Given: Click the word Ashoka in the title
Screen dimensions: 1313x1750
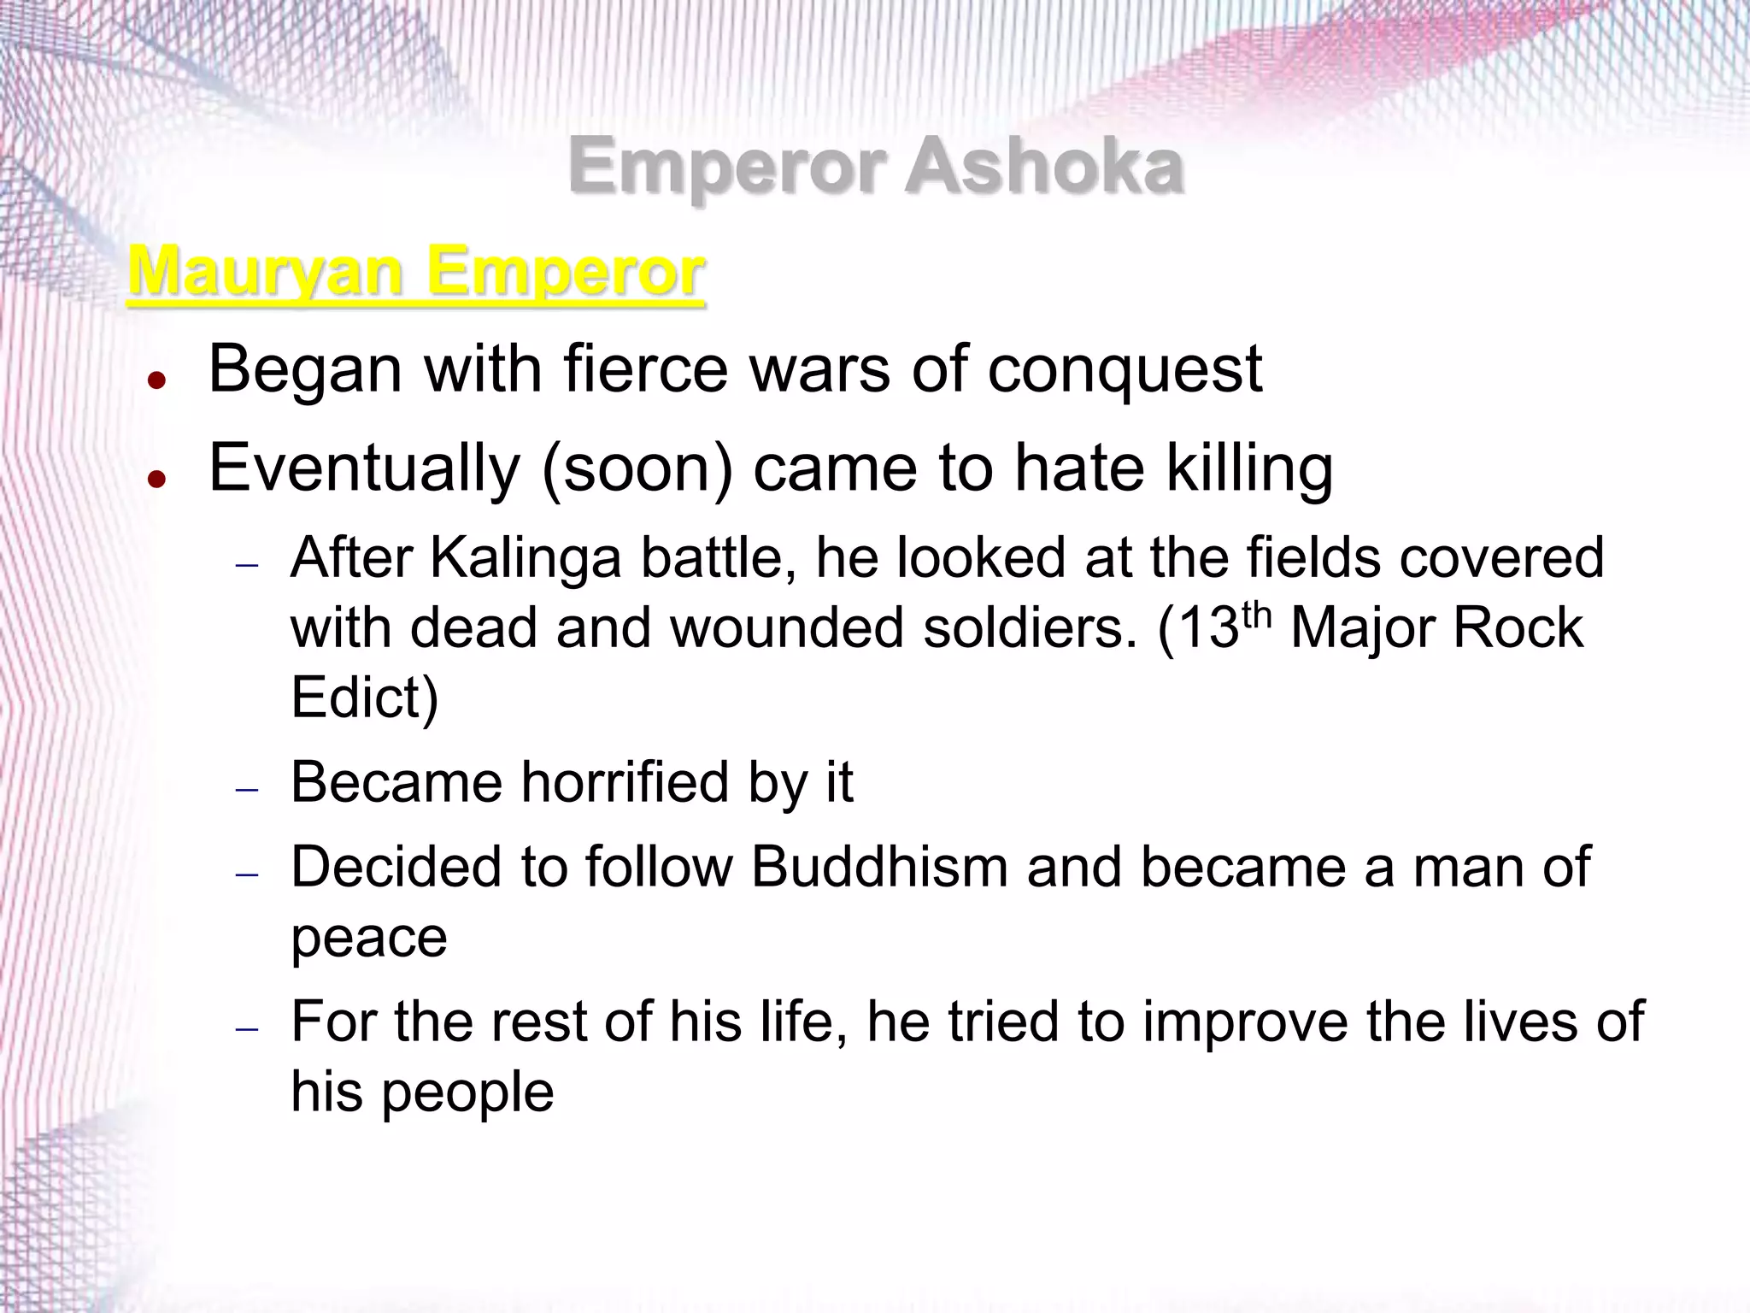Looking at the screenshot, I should [1044, 166].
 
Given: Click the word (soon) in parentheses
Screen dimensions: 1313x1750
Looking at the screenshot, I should [637, 469].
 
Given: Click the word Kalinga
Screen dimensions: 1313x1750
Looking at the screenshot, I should [526, 558].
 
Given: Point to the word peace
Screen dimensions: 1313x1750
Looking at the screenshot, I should [369, 939].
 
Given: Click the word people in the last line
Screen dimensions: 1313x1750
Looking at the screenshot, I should [467, 1092].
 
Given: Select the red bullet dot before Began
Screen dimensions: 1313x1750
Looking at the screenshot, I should [156, 380].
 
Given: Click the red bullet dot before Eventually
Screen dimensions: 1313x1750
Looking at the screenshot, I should [156, 479].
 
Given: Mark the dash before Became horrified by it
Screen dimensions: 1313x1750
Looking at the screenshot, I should [247, 790].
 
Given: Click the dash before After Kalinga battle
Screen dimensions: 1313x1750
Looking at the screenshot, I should [247, 566].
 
